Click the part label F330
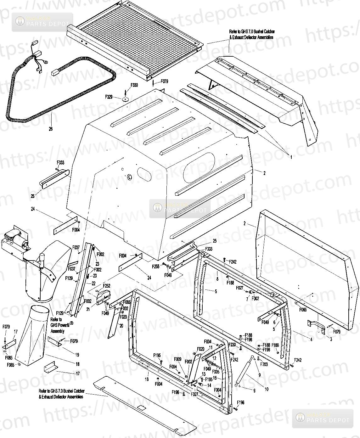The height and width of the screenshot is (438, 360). click(134, 85)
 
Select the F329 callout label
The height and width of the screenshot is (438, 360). click(109, 97)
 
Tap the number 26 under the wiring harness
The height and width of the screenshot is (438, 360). click(51, 129)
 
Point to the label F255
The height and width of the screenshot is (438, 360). click(155, 266)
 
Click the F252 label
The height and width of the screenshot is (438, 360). click(107, 286)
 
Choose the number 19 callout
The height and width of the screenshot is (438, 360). click(77, 355)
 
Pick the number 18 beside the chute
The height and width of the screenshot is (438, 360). click(77, 364)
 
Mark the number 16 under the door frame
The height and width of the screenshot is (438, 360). click(147, 379)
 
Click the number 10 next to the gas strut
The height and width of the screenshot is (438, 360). click(267, 389)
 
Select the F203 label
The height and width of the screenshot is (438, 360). click(264, 364)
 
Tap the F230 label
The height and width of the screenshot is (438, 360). click(232, 345)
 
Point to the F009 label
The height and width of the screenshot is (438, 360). click(178, 359)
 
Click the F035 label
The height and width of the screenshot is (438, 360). click(216, 371)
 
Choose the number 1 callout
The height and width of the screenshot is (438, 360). click(291, 157)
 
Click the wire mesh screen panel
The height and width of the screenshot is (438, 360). click(138, 38)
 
